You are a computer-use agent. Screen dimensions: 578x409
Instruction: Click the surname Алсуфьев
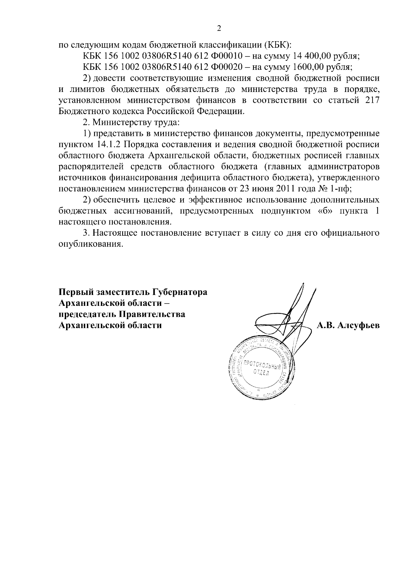[x=358, y=325]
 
